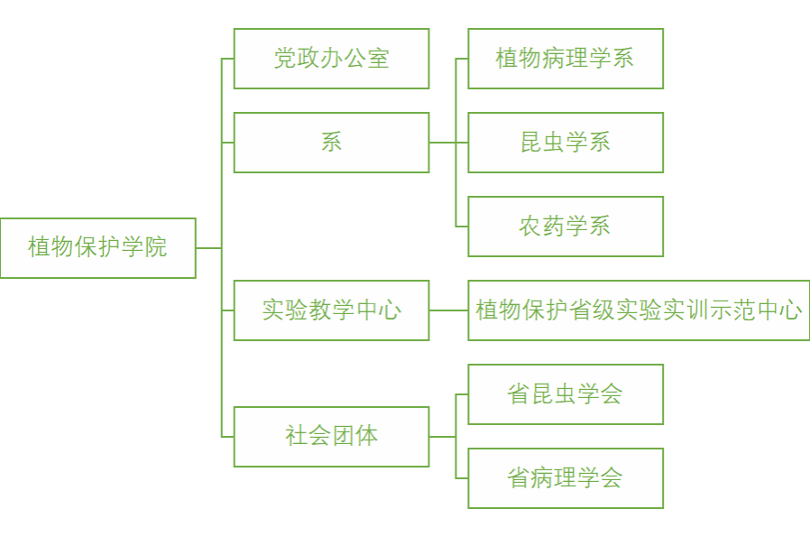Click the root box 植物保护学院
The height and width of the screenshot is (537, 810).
point(97,247)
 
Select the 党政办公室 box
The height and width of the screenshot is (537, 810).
point(331,59)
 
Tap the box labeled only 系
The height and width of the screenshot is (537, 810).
point(331,143)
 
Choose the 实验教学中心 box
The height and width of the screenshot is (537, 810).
point(331,310)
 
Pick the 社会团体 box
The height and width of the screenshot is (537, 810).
point(331,436)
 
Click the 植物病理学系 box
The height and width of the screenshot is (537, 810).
point(566,59)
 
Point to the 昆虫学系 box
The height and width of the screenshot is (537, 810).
point(566,143)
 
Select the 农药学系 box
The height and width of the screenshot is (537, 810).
point(566,227)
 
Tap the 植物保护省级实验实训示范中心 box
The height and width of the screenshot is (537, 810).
point(639,310)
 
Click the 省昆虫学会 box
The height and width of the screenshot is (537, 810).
point(566,394)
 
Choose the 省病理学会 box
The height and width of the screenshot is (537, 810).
point(566,478)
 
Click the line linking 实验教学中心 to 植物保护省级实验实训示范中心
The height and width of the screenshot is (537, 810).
point(448,310)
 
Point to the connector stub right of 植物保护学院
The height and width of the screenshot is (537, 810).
point(208,247)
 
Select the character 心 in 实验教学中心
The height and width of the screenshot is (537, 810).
point(390,310)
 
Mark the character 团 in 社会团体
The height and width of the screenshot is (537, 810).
point(344,436)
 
